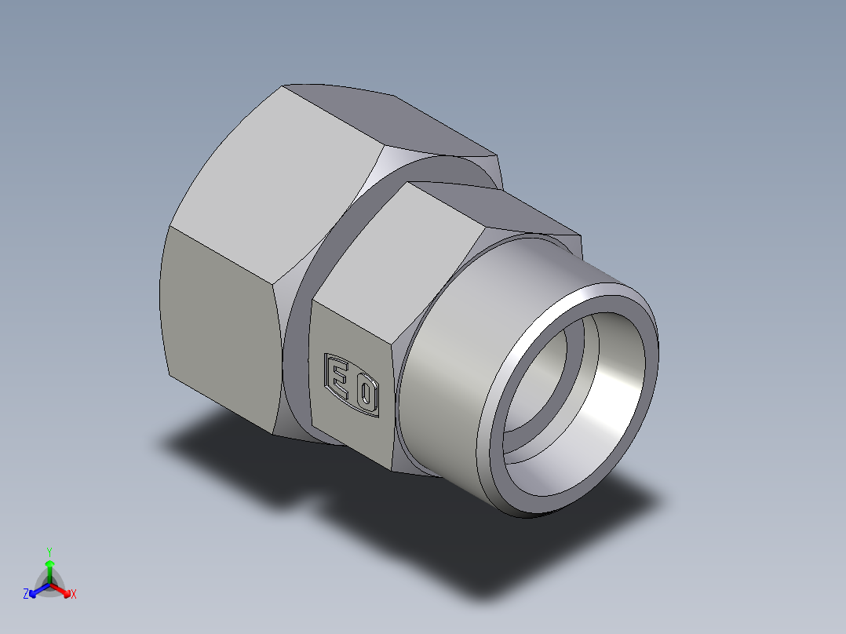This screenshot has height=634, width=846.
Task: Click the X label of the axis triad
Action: click(x=74, y=595)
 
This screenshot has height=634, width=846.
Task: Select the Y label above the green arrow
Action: click(x=49, y=552)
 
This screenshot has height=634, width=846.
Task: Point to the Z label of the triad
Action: click(x=26, y=595)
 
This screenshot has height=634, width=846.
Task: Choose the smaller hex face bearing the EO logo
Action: click(x=353, y=377)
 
